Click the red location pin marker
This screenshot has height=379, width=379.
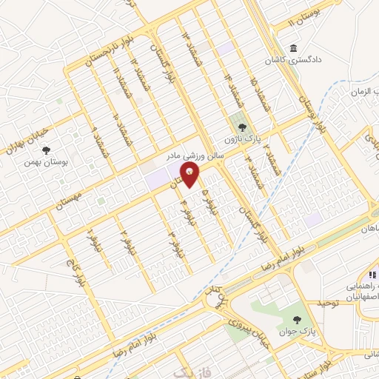click(x=192, y=175)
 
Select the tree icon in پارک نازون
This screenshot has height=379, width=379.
click(x=241, y=127)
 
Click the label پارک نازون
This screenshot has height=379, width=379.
click(x=241, y=139)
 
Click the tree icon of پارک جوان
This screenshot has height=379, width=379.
click(x=297, y=320)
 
